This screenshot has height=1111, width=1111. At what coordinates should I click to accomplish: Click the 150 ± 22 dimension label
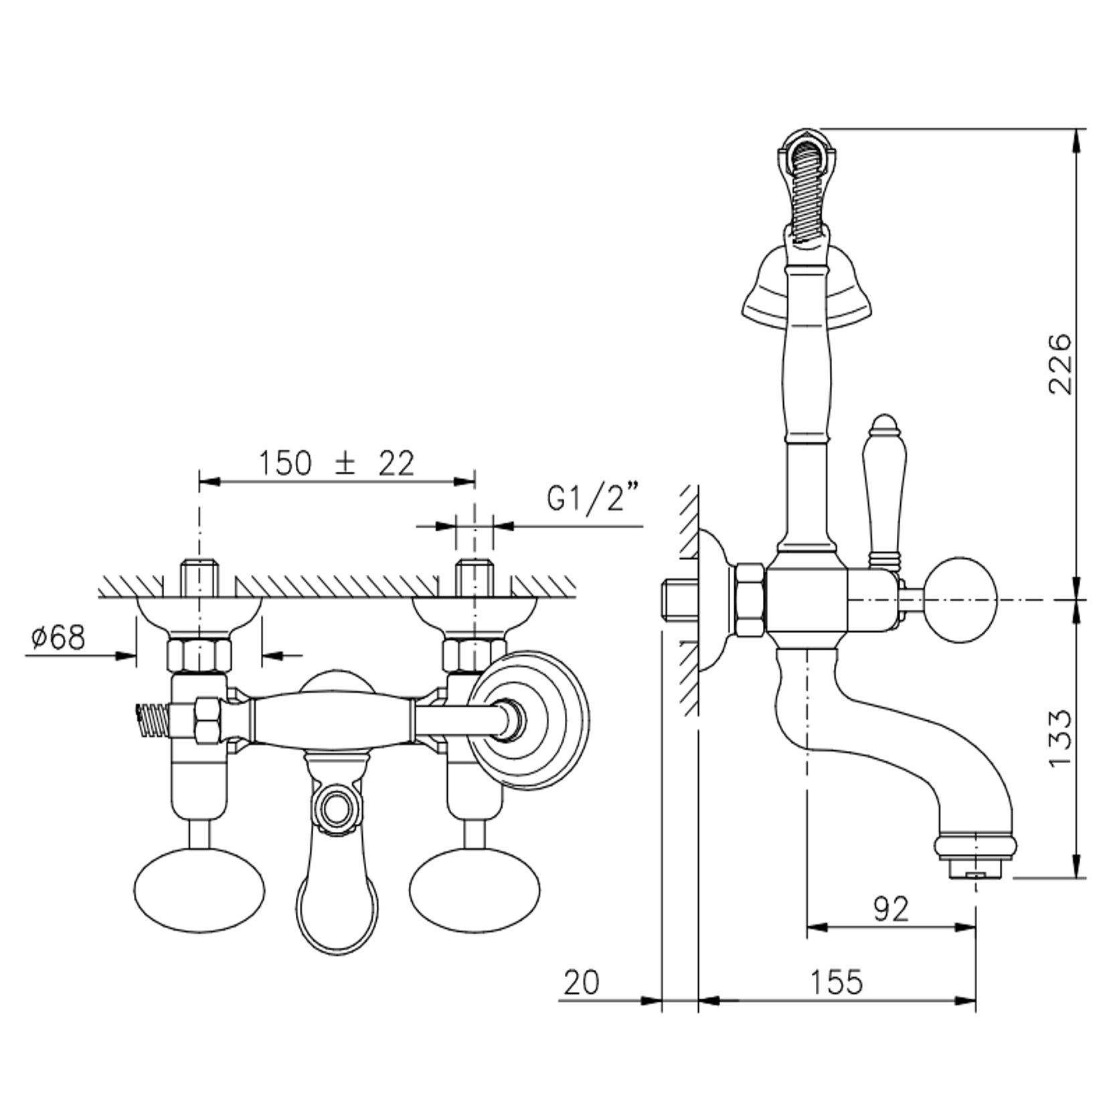tap(337, 463)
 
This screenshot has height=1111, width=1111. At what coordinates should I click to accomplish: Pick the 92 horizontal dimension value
tap(891, 909)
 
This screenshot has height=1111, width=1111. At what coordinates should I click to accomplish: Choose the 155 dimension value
tap(837, 982)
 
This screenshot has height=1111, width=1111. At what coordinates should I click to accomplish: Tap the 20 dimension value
tap(582, 982)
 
